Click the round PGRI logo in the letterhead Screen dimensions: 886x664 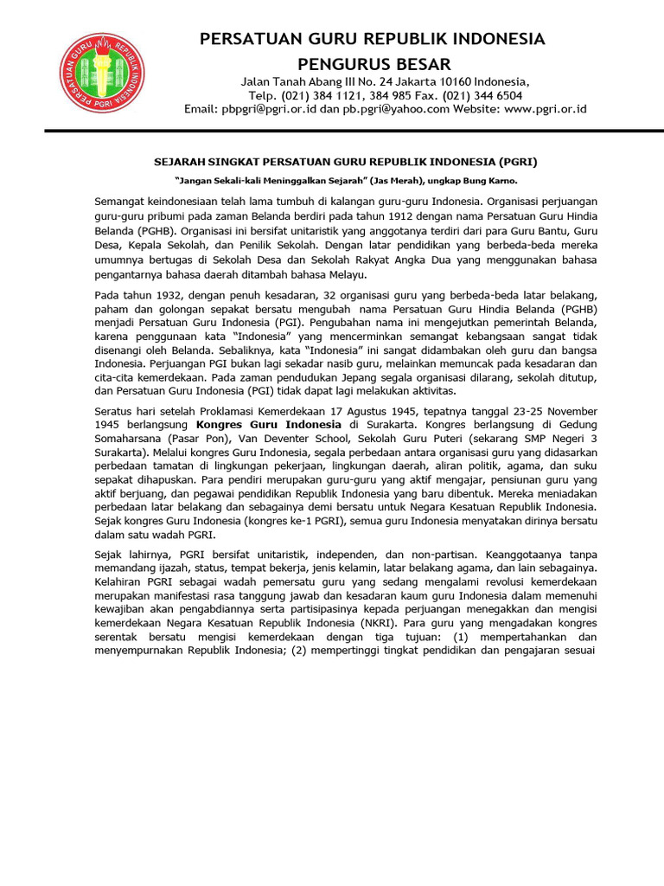[102, 76]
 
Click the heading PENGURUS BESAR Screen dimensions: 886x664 [373, 64]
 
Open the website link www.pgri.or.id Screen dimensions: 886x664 [546, 109]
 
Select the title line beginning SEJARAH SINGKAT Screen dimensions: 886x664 [351, 161]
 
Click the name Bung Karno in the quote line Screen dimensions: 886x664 [492, 180]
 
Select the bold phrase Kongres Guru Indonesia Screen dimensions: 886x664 [268, 426]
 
